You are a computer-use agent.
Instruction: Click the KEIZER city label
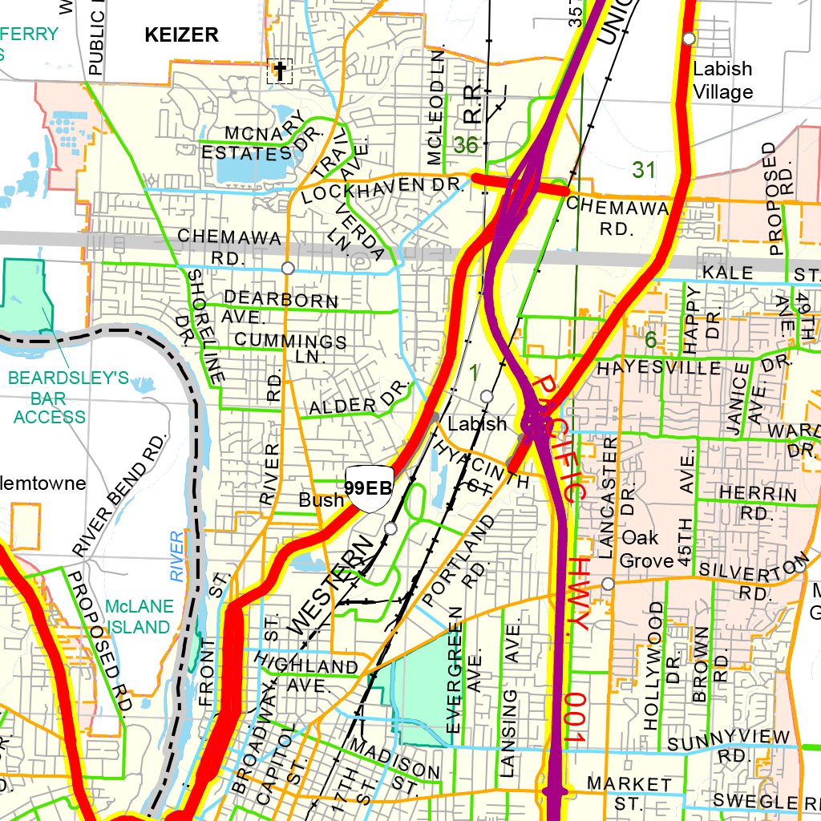[x=181, y=34]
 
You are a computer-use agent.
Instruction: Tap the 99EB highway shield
[x=368, y=487]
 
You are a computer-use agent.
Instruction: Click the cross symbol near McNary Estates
[x=280, y=71]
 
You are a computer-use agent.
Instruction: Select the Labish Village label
[x=722, y=80]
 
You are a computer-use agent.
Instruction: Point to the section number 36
[x=466, y=145]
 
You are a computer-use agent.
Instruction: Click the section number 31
[x=644, y=169]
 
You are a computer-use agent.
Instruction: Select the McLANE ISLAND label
[x=140, y=616]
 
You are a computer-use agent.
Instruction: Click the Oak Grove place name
[x=647, y=548]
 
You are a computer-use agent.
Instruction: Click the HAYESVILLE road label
[x=659, y=368]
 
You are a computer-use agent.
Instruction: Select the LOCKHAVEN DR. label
[x=384, y=188]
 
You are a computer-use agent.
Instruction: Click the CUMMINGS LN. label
[x=291, y=346]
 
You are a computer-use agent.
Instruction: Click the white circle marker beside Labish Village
[x=689, y=38]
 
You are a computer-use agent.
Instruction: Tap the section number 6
[x=650, y=341]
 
